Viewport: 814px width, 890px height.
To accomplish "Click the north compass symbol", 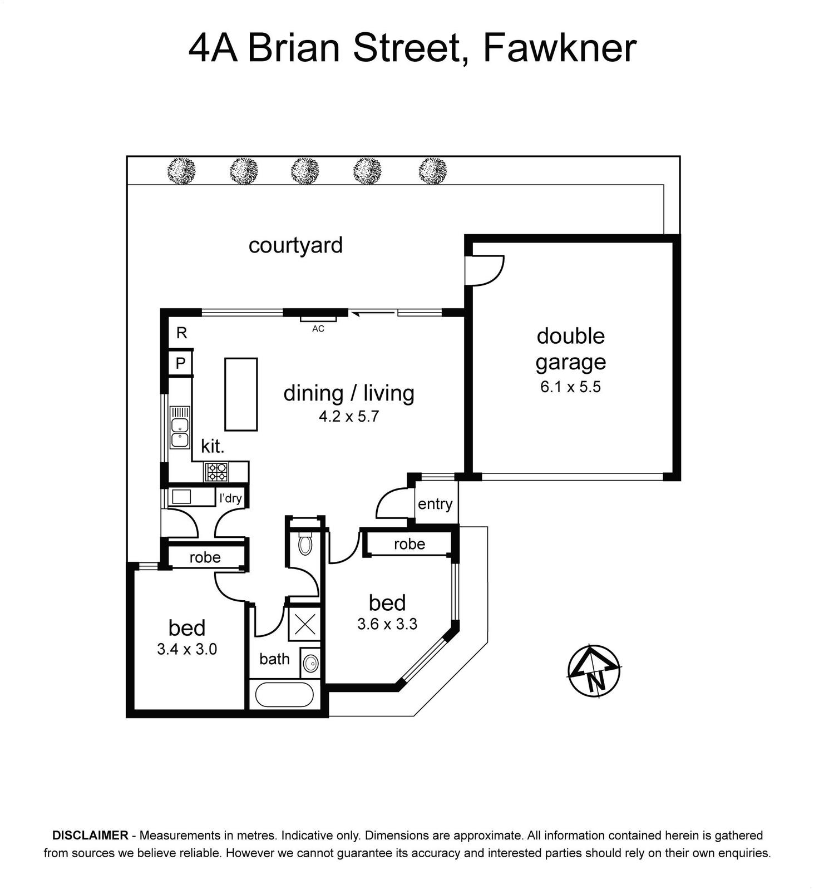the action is pos(594,671).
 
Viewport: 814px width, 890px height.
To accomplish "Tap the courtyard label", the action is pos(295,245).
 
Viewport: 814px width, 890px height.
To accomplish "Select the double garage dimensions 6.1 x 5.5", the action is pos(570,387).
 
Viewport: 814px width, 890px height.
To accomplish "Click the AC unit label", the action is pos(318,329).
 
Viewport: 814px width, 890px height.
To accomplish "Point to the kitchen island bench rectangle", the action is pos(241,394).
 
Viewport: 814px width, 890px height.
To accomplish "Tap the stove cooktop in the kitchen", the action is pos(216,472).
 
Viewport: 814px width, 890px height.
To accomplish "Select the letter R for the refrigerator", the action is pos(181,333).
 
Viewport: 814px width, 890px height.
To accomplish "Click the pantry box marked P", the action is pos(181,363).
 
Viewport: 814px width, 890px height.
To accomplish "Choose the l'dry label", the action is pos(230,498).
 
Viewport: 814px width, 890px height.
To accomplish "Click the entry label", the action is pos(435,504).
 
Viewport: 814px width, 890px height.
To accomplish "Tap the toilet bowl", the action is pos(305,543).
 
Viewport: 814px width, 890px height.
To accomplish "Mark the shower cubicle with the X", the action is pos(304,624).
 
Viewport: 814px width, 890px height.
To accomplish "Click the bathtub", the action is pos(284,694).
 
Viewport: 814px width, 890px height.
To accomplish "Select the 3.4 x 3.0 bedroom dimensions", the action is pos(187,649).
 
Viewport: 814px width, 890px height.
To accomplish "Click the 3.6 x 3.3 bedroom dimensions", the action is pos(387,624).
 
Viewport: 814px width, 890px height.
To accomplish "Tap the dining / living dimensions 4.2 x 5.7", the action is pos(349,416).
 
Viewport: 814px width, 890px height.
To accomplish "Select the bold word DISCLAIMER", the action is pos(90,835).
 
